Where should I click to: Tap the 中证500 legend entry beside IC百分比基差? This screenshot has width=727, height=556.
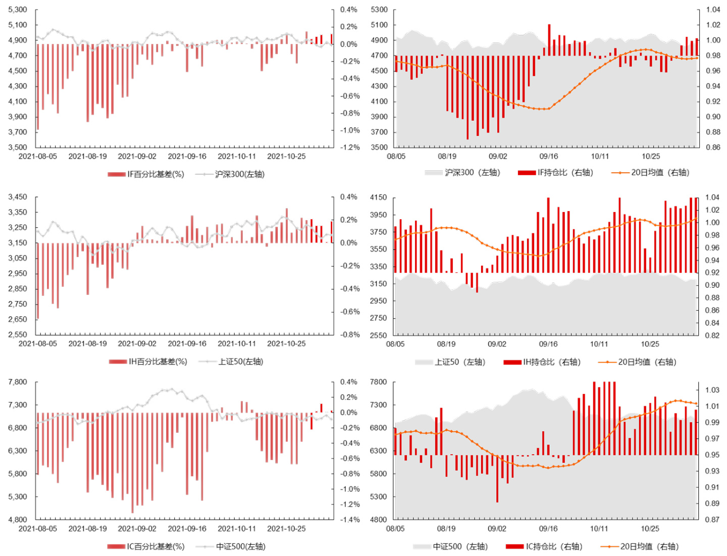[240, 546]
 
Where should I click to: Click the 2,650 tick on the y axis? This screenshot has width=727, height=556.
[18, 319]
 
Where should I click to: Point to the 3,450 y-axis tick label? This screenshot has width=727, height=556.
[18, 197]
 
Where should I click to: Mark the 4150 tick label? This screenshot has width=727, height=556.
[379, 197]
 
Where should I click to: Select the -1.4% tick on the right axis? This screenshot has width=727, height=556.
[349, 520]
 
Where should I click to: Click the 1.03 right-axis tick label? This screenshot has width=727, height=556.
[712, 390]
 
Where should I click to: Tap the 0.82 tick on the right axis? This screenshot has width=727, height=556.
[712, 335]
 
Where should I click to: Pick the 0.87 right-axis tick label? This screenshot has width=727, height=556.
[712, 520]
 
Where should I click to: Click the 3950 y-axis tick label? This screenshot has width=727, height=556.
[379, 215]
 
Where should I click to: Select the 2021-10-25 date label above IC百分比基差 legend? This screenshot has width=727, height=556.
[286, 529]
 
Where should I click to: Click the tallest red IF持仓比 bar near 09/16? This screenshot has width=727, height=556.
[549, 40]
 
